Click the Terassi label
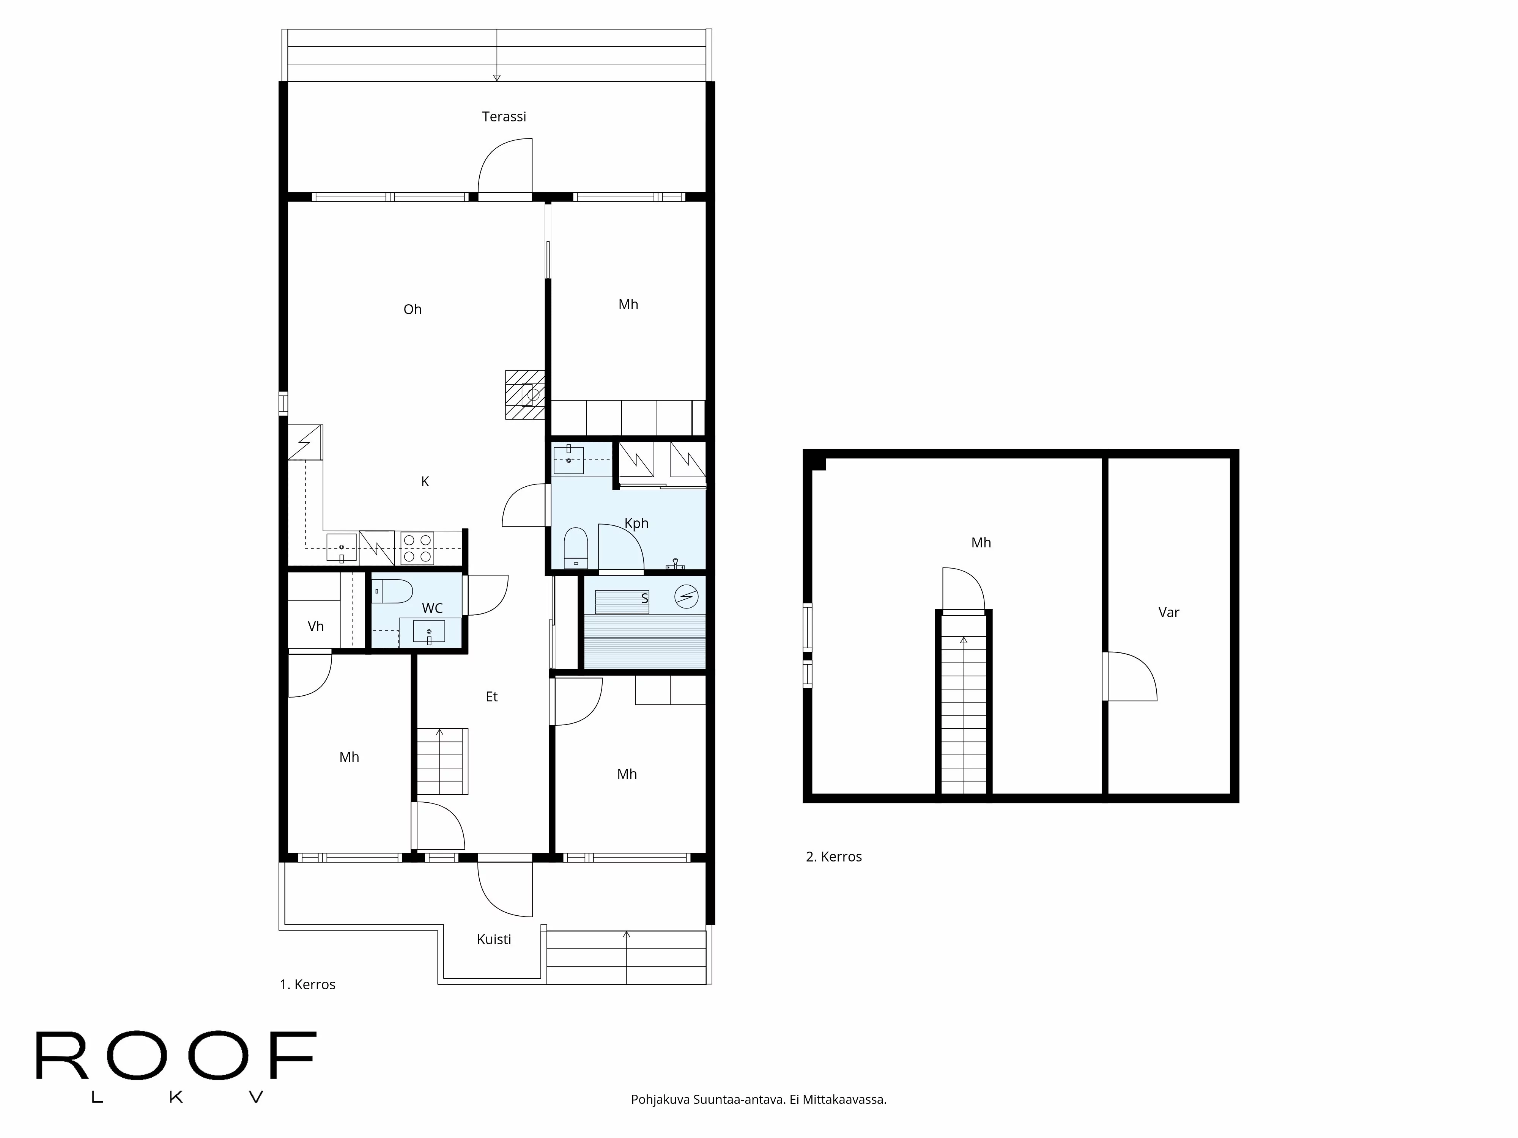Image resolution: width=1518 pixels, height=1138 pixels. [504, 116]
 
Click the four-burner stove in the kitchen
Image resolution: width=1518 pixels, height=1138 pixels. [417, 547]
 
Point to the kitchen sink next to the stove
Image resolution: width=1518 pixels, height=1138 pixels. [341, 547]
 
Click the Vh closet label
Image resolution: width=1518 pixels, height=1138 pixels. [316, 626]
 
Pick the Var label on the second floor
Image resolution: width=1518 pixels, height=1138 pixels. [1169, 613]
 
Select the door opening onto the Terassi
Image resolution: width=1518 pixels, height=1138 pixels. [505, 168]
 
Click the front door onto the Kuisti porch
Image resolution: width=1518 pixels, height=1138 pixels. [505, 888]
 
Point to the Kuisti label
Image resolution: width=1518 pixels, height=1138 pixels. [494, 939]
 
